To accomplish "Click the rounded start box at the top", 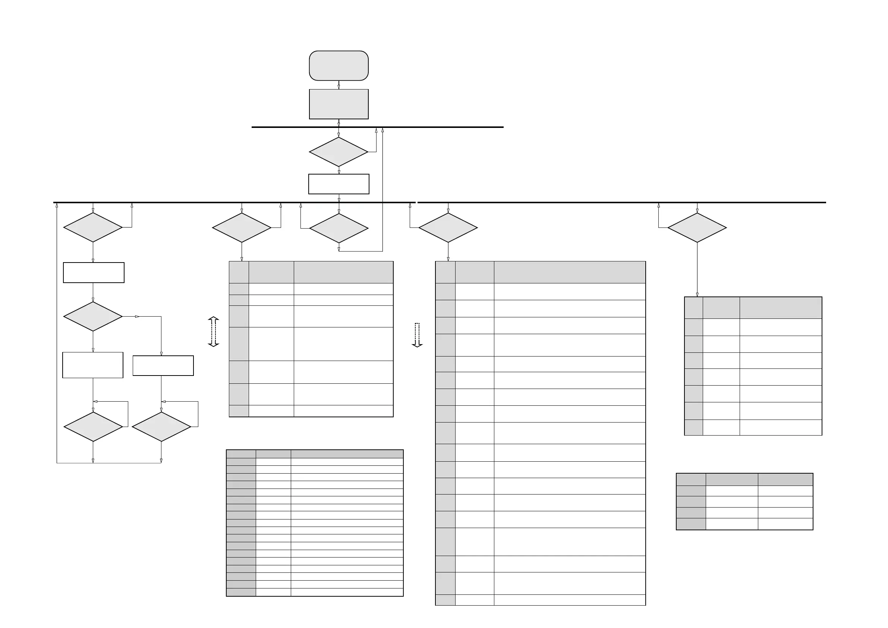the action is (338, 65).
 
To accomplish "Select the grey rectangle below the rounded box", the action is (338, 104).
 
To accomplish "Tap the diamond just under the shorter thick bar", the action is (338, 152).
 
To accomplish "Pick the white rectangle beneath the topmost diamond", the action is (338, 184).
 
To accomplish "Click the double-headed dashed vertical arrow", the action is (214, 332).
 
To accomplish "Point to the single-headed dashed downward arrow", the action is (417, 335).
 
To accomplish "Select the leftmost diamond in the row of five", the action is (93, 227).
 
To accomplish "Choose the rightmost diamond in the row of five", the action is (697, 228).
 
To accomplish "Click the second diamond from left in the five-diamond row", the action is (242, 228).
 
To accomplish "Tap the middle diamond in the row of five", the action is (339, 228).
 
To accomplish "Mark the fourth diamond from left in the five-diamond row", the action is (448, 228).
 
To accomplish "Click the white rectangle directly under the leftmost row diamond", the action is (94, 272).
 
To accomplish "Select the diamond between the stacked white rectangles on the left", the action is (93, 317).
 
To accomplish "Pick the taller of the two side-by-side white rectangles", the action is (93, 365).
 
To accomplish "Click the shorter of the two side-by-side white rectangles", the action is (163, 365).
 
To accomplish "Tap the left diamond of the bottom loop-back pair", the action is (93, 427).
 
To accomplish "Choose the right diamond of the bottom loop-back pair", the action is (161, 427).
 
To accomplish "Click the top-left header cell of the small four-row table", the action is (691, 480).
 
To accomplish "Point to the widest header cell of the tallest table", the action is (569, 272).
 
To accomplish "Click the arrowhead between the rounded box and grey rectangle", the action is (338, 87).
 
